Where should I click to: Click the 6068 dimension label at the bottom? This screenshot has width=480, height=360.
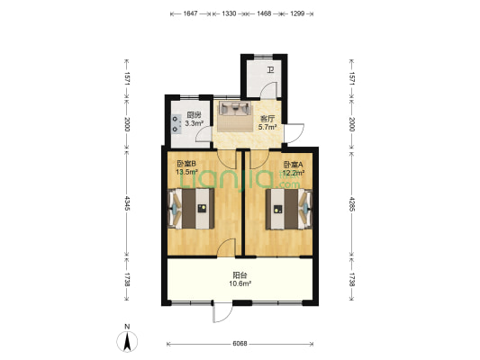tap(240, 344)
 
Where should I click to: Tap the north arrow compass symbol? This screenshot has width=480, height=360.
tap(127, 341)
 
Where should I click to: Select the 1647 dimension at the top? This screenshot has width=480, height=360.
tap(190, 13)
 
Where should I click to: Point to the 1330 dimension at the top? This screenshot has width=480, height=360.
tap(229, 13)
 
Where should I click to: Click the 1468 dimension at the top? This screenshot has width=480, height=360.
tap(264, 13)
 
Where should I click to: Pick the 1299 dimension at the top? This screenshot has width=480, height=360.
tap(297, 13)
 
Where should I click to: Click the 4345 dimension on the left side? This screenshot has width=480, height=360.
tap(127, 203)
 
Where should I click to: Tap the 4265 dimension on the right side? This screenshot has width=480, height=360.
tap(352, 203)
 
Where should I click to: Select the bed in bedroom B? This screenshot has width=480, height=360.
tap(191, 209)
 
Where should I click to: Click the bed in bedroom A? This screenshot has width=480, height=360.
tap(289, 209)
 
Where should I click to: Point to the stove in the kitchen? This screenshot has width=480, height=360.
tap(176, 124)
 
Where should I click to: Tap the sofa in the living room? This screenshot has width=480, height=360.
tap(234, 109)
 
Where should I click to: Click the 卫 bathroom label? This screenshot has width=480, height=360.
tap(270, 70)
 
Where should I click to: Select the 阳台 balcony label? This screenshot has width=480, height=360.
tap(240, 275)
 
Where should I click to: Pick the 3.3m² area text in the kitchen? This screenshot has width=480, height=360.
tap(195, 123)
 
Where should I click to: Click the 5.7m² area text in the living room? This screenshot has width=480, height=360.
tap(267, 127)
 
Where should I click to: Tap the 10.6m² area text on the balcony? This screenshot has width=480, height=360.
tap(240, 283)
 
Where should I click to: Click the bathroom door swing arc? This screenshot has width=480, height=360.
tap(268, 90)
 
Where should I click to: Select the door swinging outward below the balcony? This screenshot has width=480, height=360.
tap(222, 312)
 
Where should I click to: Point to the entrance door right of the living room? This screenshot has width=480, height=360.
tap(294, 133)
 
